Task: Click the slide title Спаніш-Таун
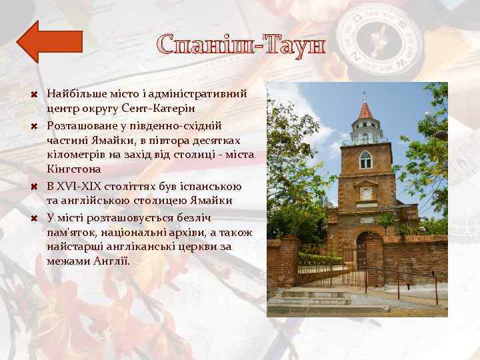pyautogui.click(x=241, y=45)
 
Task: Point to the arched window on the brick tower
pyautogui.click(x=365, y=160)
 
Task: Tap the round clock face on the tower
pyautogui.click(x=365, y=193)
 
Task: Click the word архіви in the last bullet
pyautogui.click(x=185, y=231)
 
